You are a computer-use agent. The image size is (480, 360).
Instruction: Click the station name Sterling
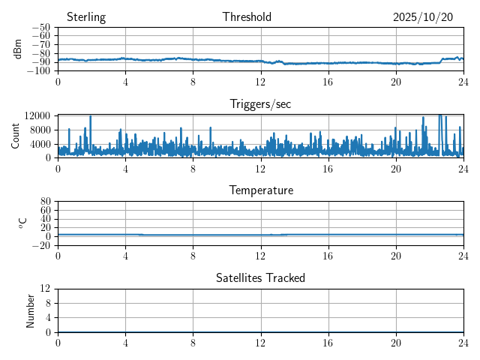click(x=86, y=17)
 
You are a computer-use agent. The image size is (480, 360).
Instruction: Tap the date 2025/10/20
click(x=423, y=17)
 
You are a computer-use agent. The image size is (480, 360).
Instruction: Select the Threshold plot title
click(x=247, y=17)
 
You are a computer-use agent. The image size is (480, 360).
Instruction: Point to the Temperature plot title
click(x=260, y=190)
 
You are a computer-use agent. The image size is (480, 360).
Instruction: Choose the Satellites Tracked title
click(x=260, y=277)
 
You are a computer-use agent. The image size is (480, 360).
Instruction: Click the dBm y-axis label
click(x=18, y=49)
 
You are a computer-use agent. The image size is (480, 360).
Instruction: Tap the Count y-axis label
click(x=15, y=136)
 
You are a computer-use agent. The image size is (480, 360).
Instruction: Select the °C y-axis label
click(x=23, y=223)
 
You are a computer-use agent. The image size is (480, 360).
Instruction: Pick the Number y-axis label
click(x=31, y=310)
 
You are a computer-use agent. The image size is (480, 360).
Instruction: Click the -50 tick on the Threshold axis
click(x=40, y=27)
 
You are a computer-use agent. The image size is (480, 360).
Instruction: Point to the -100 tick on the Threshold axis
click(x=38, y=71)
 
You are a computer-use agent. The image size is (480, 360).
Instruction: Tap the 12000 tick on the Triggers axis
click(x=37, y=115)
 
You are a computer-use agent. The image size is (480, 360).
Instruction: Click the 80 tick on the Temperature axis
click(x=46, y=202)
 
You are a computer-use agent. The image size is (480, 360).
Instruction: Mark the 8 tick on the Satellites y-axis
click(x=48, y=303)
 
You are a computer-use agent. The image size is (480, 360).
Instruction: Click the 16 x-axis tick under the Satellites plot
click(x=328, y=343)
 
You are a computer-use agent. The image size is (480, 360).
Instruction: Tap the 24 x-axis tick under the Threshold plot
click(x=463, y=82)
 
